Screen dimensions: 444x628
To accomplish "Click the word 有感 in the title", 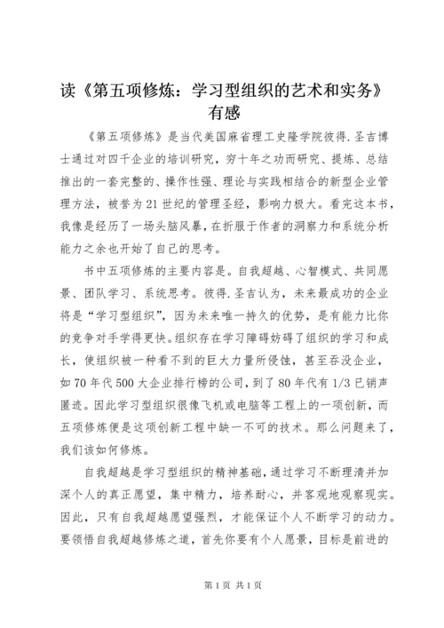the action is [222, 115].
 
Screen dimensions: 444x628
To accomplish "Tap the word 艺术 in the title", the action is [316, 91].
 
